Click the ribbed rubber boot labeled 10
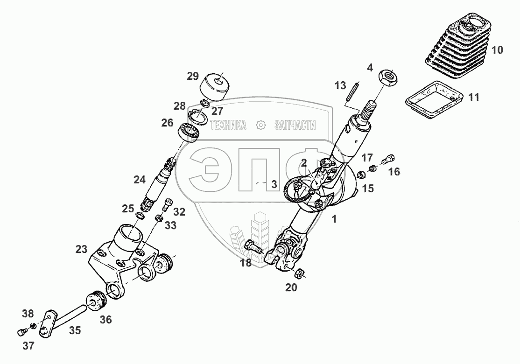click(x=457, y=46)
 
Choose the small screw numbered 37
click(x=21, y=331)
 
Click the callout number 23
click(x=82, y=249)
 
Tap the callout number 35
click(x=75, y=330)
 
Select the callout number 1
click(x=334, y=219)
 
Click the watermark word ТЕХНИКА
click(x=228, y=125)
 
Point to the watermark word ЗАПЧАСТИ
click(x=295, y=125)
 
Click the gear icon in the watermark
click(x=261, y=125)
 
